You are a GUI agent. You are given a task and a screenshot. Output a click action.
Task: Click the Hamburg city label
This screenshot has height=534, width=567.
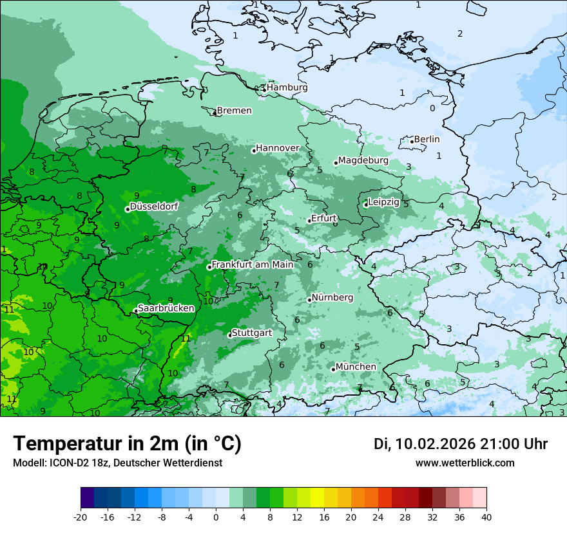[x=287, y=87]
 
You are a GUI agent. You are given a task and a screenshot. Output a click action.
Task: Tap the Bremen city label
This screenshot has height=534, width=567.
[x=234, y=111]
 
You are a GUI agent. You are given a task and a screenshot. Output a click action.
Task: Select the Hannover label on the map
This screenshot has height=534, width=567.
[x=278, y=149]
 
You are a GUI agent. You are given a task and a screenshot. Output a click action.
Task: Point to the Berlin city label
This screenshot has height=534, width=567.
[x=427, y=140]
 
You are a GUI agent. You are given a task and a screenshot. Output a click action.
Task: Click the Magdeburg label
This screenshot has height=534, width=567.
[x=363, y=161]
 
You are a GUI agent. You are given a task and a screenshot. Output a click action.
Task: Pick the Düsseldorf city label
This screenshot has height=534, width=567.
[x=154, y=207]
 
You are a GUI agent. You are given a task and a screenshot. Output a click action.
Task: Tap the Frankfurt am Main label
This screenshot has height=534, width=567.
[x=253, y=264]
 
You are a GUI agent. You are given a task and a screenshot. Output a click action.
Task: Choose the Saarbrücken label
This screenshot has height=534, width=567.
[x=166, y=309]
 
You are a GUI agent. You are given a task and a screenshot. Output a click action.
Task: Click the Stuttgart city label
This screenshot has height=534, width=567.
[x=251, y=333]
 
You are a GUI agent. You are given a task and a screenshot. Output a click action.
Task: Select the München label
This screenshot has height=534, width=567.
[x=356, y=367]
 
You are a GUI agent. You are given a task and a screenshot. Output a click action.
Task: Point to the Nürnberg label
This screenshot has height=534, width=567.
[x=332, y=298]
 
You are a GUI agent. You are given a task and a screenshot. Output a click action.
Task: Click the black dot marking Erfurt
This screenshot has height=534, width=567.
[x=309, y=221]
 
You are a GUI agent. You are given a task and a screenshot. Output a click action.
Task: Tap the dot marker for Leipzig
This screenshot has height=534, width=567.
[x=365, y=205]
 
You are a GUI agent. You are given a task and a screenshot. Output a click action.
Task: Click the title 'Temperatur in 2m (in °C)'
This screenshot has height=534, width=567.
[x=127, y=444]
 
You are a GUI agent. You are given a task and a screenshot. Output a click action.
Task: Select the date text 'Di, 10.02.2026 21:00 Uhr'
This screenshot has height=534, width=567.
[x=461, y=444]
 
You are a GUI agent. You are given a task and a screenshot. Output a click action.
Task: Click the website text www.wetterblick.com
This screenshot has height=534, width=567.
[x=465, y=463]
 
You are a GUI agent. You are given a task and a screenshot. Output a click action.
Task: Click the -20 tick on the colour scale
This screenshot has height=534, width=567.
[x=81, y=517]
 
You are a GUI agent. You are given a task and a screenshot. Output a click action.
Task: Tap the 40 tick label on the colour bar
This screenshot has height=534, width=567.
[x=486, y=517]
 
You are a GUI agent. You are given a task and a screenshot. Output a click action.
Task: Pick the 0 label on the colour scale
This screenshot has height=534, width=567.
[x=216, y=517]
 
